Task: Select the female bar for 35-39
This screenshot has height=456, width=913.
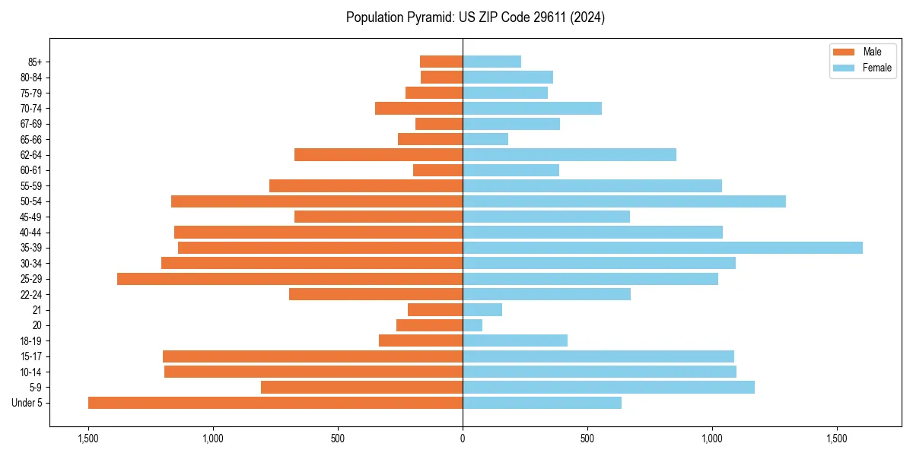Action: coord(662,248)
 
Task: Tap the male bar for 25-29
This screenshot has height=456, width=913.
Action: coord(290,279)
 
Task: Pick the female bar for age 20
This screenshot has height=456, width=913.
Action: coord(472,325)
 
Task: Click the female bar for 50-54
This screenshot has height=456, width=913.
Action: coord(624,201)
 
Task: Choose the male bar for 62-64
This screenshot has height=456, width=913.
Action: coord(378,155)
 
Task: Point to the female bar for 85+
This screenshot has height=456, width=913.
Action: coord(491,62)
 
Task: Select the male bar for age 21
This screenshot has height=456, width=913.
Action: coord(435,310)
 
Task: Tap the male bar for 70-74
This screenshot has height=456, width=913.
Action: coord(418,109)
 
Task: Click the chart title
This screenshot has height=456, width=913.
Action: coord(475,17)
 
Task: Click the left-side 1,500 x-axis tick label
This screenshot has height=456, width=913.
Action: coord(88,439)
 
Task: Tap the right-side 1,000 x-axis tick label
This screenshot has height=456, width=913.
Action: coord(712,439)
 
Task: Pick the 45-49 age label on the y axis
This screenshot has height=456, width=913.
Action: coord(31,217)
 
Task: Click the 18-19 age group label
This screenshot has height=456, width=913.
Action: coord(31,341)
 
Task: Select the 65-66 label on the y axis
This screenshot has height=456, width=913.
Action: coord(31,140)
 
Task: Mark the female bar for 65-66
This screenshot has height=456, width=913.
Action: coord(485,140)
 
